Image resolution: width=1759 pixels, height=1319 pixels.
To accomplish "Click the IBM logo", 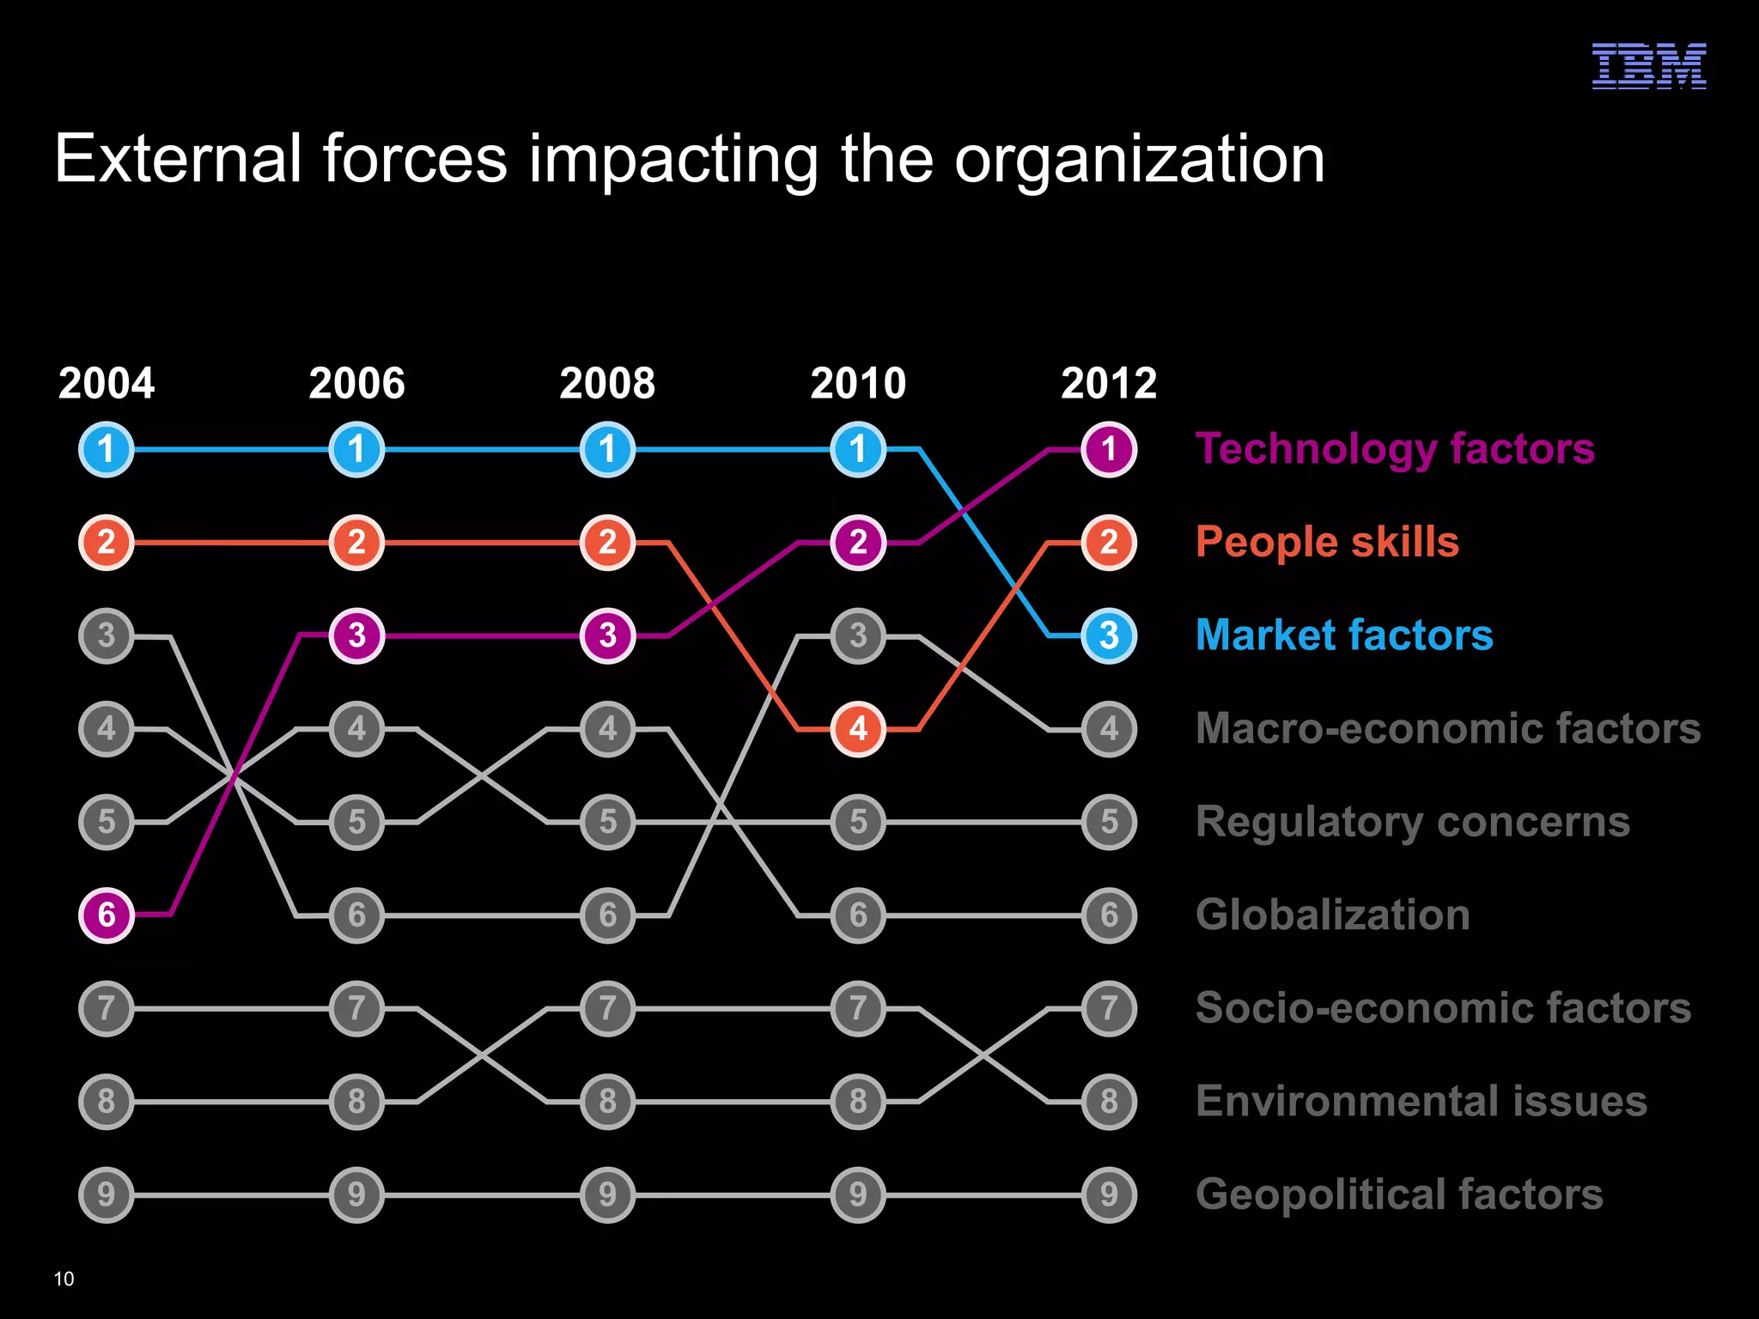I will pyautogui.click(x=1648, y=66).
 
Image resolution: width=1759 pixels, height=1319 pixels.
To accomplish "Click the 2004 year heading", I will pyautogui.click(x=107, y=383).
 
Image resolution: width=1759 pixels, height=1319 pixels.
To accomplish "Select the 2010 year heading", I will pyautogui.click(x=858, y=383).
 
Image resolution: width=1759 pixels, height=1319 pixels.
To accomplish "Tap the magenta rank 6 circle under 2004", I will pyautogui.click(x=107, y=915).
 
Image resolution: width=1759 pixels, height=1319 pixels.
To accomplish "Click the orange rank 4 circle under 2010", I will pyautogui.click(x=858, y=729).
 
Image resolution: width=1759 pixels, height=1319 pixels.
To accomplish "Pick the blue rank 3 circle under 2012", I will pyautogui.click(x=1109, y=635).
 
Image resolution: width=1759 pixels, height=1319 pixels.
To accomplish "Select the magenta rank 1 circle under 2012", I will pyautogui.click(x=1109, y=449).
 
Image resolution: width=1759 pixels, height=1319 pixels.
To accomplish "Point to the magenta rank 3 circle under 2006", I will pyautogui.click(x=356, y=635).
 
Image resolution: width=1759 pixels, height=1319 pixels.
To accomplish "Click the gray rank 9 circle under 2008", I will pyautogui.click(x=607, y=1194).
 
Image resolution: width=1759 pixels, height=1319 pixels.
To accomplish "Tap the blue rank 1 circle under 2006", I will pyautogui.click(x=356, y=449).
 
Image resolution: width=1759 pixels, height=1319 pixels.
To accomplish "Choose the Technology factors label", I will pyautogui.click(x=1395, y=449).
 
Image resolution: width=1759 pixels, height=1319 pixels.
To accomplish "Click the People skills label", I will pyautogui.click(x=1327, y=542).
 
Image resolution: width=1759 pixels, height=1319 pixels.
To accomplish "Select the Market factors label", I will pyautogui.click(x=1344, y=635).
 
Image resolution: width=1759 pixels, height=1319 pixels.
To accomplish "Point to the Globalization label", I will pyautogui.click(x=1332, y=915).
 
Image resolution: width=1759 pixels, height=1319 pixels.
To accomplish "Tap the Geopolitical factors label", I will pyautogui.click(x=1399, y=1194).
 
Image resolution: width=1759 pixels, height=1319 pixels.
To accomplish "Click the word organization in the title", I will pyautogui.click(x=1140, y=161).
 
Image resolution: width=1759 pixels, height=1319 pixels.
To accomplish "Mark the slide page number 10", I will pyautogui.click(x=64, y=1279).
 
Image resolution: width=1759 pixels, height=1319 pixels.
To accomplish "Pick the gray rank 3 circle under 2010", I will pyautogui.click(x=858, y=635).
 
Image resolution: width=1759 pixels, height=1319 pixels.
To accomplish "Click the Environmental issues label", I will pyautogui.click(x=1421, y=1101).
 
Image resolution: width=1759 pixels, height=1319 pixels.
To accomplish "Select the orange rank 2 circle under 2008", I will pyautogui.click(x=607, y=542).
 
